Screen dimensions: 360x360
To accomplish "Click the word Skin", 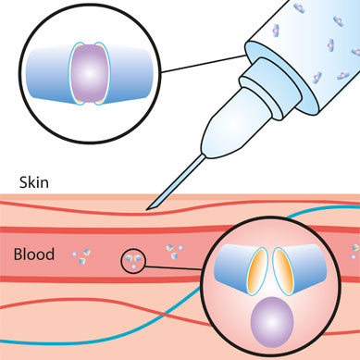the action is coord(34,182).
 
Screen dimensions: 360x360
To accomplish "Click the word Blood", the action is coord(34,254).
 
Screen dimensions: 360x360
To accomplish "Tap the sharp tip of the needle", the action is coord(147,209).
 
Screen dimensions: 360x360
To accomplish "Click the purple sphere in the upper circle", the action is coord(90,73).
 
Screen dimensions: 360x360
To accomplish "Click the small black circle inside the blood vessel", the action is coord(132,261).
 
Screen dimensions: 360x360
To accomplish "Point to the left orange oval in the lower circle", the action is coord(258,271).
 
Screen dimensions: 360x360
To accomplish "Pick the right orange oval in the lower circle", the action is coord(283,271).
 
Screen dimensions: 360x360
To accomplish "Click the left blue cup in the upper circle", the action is coord(49,74).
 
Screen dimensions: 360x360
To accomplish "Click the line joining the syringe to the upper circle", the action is coord(204,64).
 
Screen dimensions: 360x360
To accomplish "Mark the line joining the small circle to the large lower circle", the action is coord(173,267).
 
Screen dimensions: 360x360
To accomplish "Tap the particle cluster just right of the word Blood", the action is coord(81,256).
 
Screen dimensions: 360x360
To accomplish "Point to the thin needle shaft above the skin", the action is coord(176,182).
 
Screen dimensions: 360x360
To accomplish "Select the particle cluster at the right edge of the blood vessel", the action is coord(354,252).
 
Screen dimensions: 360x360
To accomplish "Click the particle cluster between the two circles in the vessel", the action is coord(174,252).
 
